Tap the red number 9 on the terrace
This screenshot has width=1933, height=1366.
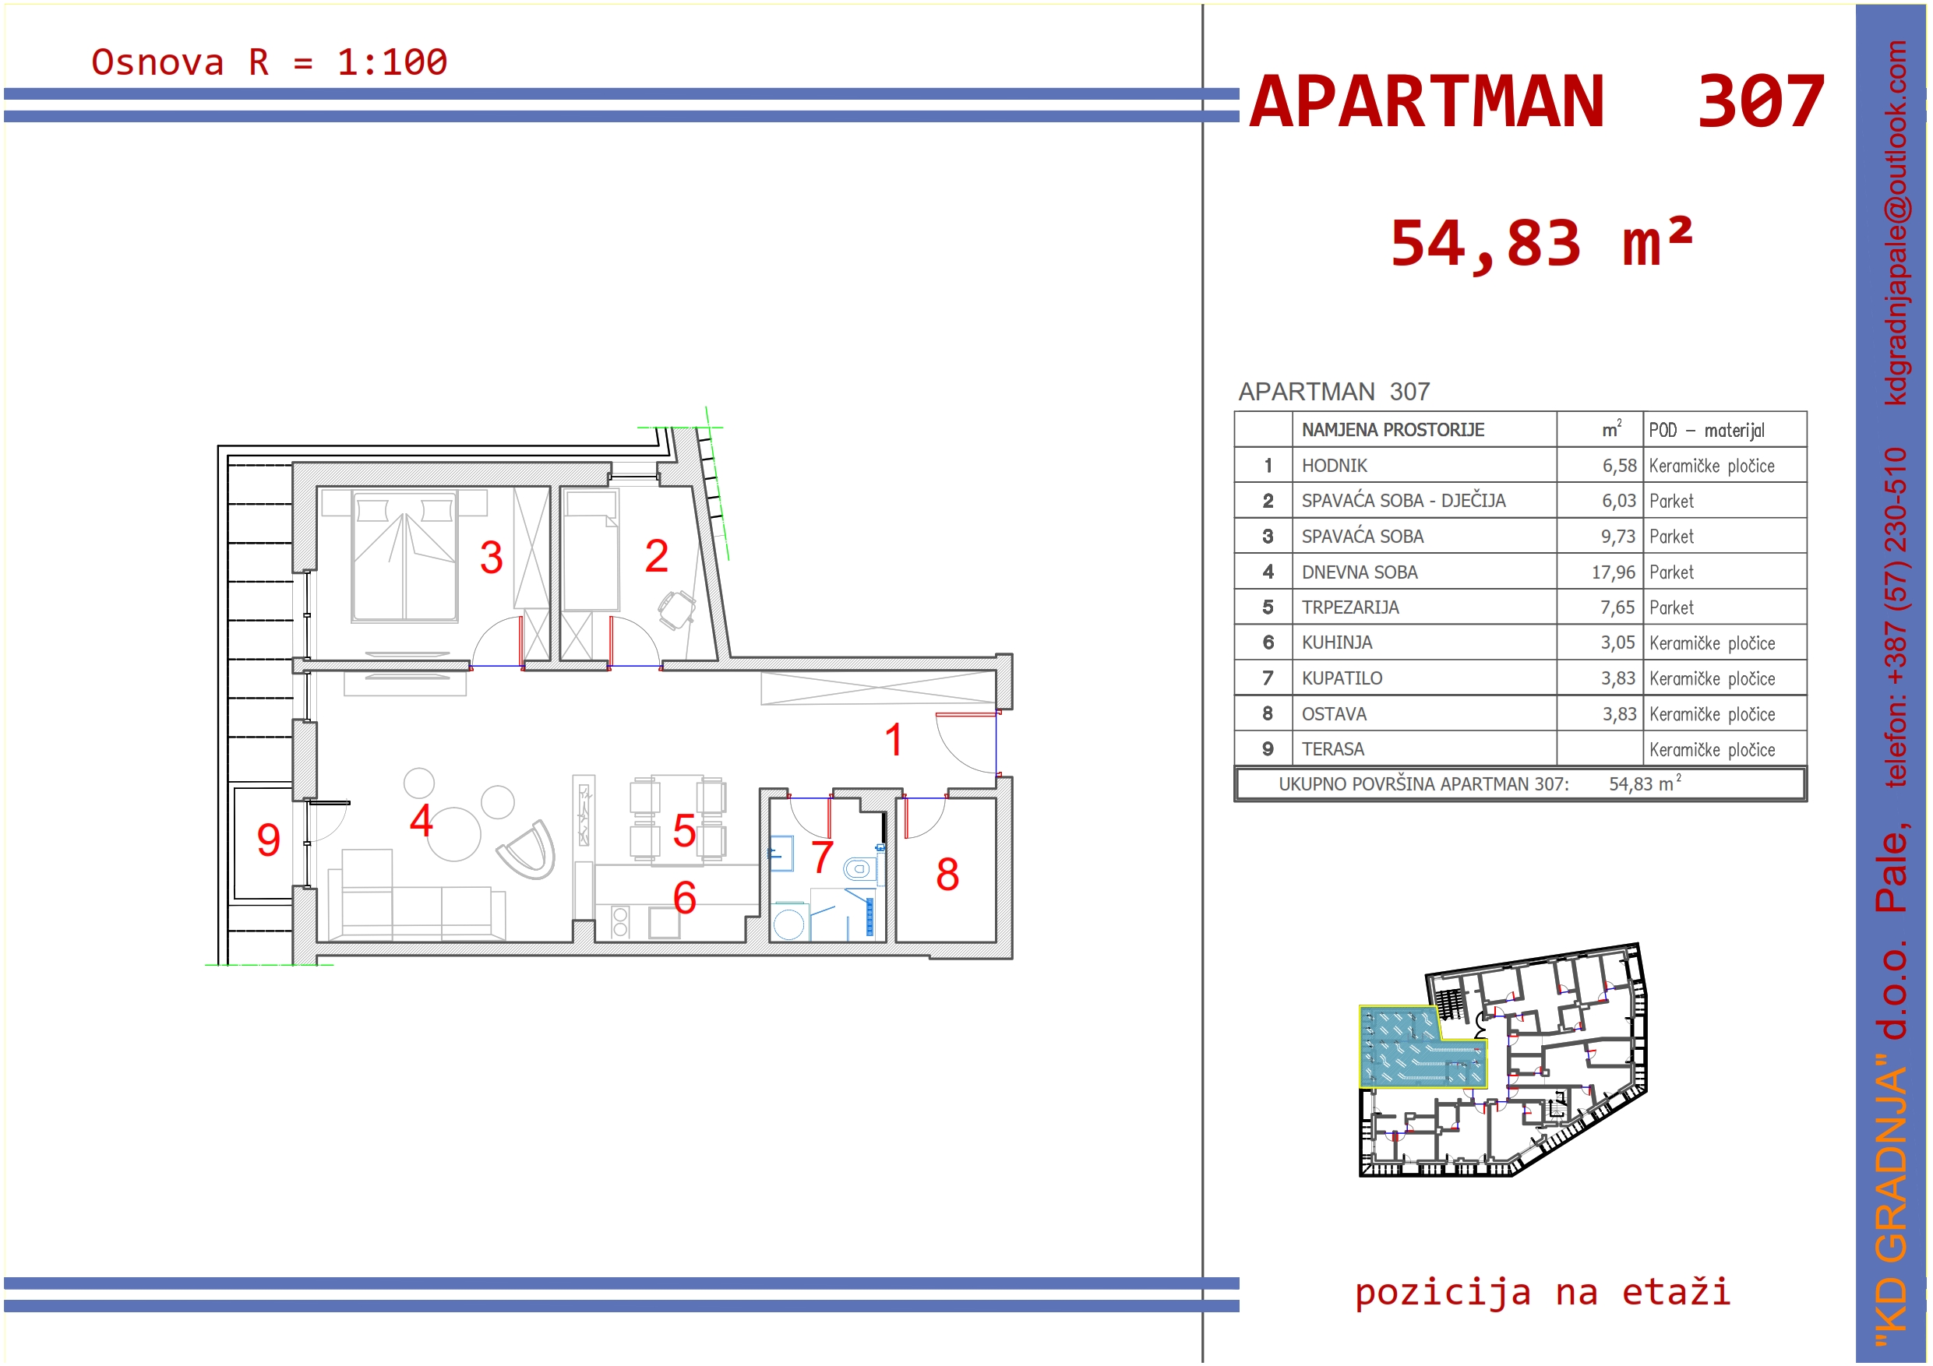[x=269, y=840]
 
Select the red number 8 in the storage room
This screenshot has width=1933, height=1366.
[x=948, y=875]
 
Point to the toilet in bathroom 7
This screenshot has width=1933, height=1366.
[x=859, y=868]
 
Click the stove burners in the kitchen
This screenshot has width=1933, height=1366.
[x=620, y=921]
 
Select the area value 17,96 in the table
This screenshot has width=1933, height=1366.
[x=1613, y=572]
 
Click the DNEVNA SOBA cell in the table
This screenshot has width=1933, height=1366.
[x=1360, y=572]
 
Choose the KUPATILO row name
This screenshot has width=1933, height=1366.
[x=1342, y=678]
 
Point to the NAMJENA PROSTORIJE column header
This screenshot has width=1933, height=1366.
[x=1393, y=430]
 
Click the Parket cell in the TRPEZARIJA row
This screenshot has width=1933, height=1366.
[x=1671, y=607]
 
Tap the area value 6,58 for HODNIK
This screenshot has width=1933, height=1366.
[x=1619, y=466]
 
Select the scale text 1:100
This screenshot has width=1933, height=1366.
[x=393, y=62]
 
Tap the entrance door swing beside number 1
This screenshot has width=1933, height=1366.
[x=964, y=743]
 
